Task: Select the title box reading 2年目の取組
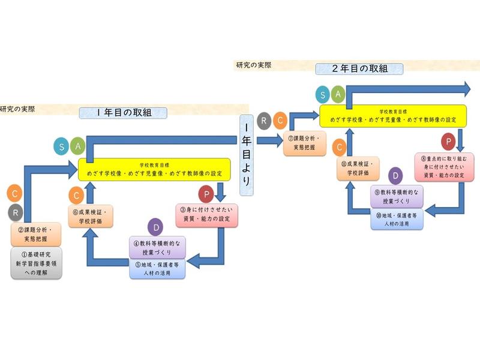point(359,68)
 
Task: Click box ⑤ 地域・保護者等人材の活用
point(158,268)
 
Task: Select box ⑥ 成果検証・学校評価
point(90,215)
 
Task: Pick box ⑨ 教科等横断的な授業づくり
point(397,197)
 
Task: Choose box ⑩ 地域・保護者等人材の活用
point(397,219)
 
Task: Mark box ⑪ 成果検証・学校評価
point(358,167)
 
